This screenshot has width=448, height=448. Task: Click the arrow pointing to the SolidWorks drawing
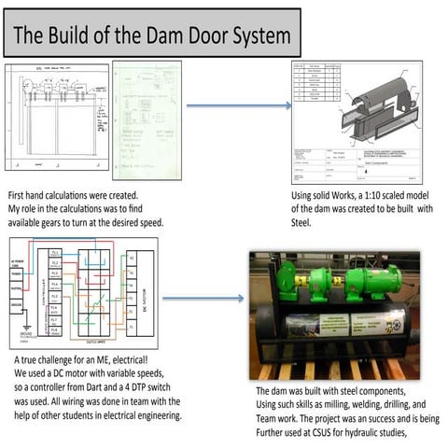233,105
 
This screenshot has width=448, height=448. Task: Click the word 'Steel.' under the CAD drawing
302,223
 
